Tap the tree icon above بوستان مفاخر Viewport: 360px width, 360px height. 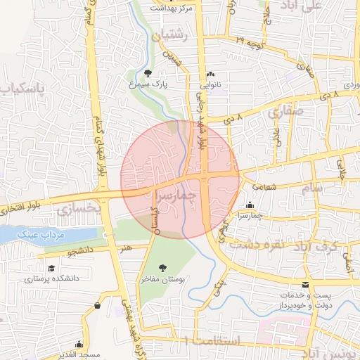[163, 267]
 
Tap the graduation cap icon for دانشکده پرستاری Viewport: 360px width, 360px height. [51, 268]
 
